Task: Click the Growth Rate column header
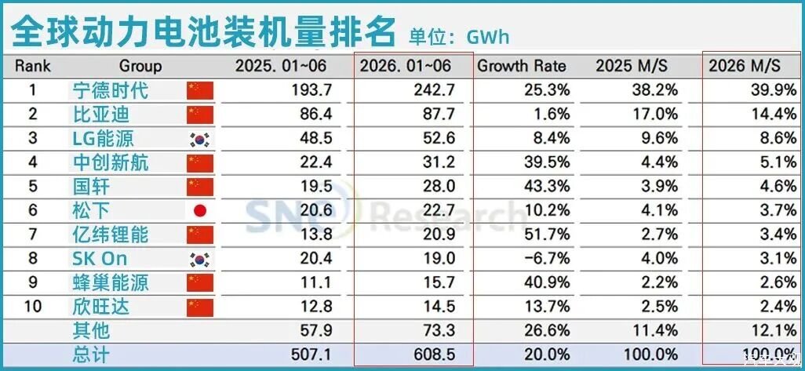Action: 522,66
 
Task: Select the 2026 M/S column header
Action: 745,66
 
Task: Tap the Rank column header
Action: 33,66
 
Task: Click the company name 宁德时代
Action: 111,90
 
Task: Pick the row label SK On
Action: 100,258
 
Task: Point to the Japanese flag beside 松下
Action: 200,210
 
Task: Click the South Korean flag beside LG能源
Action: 200,139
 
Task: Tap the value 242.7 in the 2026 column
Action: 433,90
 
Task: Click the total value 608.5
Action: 433,355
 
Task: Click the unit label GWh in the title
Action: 488,37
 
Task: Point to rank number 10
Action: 33,307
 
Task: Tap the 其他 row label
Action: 91,330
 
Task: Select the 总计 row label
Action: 91,355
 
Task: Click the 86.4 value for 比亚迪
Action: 315,114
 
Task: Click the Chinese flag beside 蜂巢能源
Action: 200,282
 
